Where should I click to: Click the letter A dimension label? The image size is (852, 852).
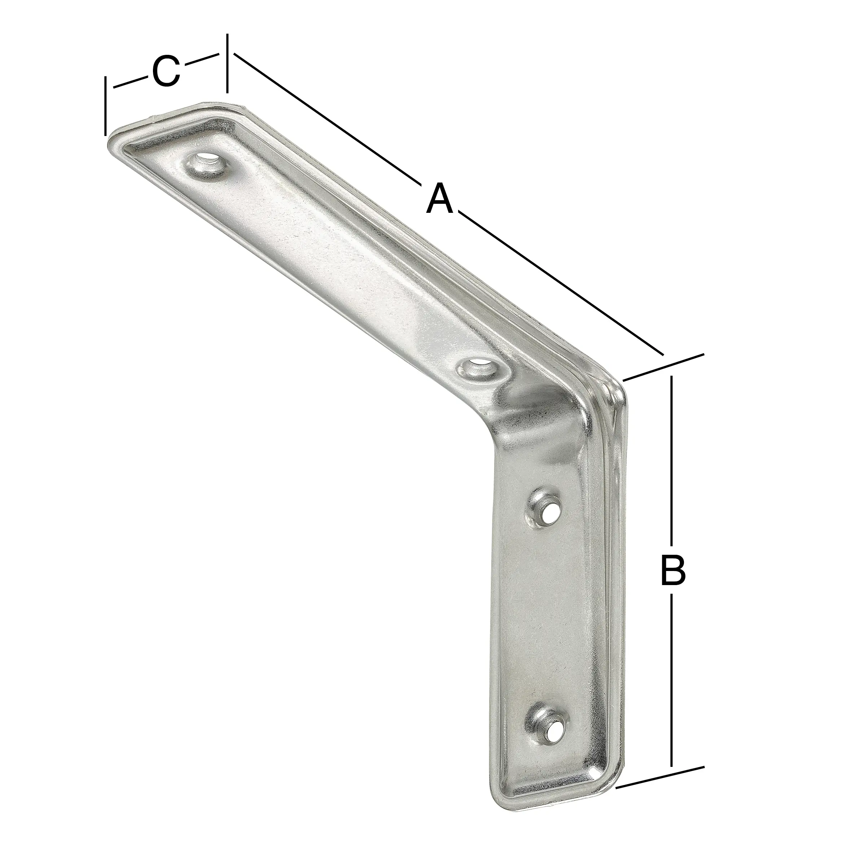click(440, 199)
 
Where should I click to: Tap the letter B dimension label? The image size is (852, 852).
click(672, 571)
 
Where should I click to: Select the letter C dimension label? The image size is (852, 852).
click(166, 71)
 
